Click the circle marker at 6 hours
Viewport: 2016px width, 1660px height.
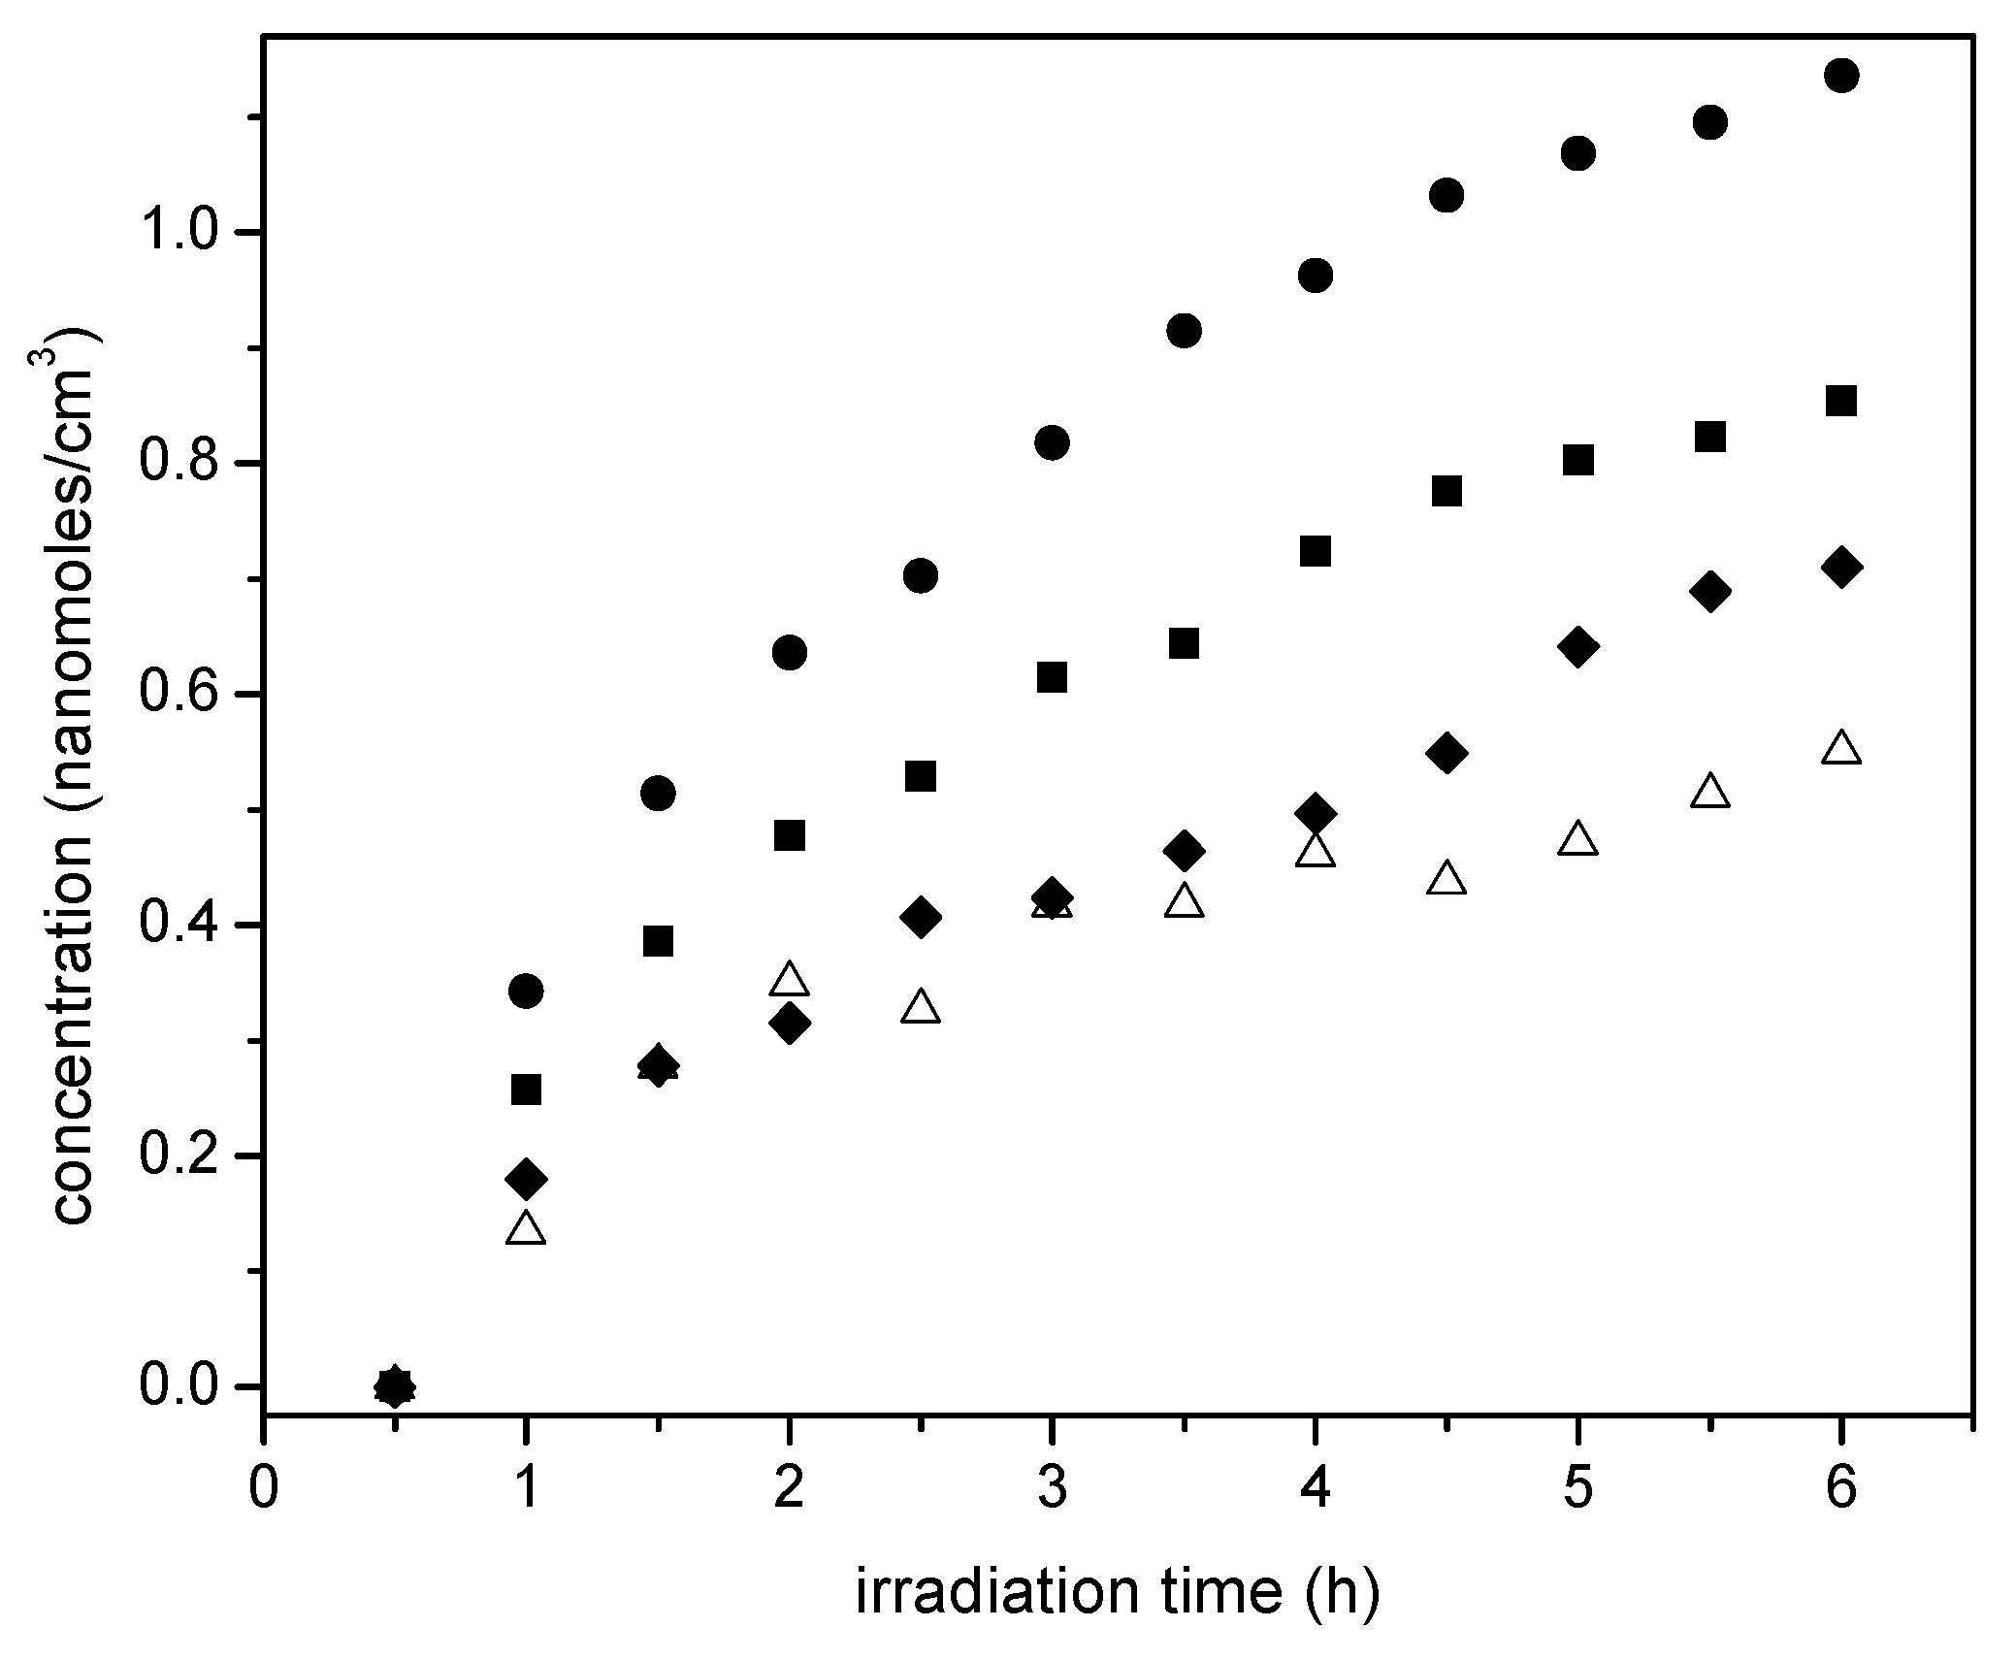(x=1840, y=76)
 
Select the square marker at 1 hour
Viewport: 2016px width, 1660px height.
(x=526, y=1090)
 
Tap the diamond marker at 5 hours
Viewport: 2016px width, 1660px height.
(x=1577, y=647)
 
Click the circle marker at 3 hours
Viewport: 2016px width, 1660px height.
(x=1052, y=443)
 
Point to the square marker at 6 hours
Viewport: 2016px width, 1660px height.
(x=1840, y=401)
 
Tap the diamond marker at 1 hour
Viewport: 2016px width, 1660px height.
(x=526, y=1179)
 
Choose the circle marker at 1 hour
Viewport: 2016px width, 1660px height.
(x=526, y=991)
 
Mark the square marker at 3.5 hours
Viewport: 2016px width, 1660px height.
(x=1184, y=643)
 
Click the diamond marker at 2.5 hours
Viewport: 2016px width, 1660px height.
(x=921, y=917)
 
